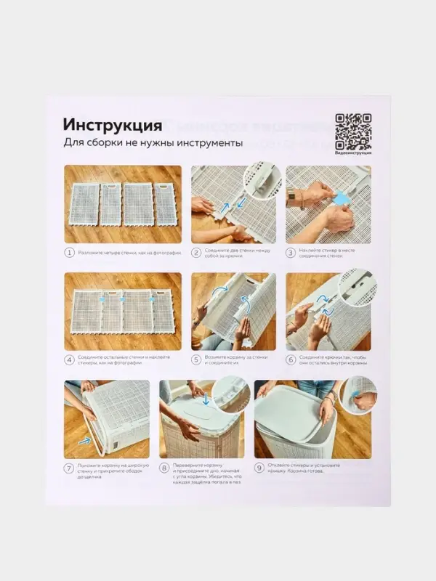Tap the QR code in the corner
(353, 130)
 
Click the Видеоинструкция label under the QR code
(353, 153)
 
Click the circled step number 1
(69, 253)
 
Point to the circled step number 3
(290, 253)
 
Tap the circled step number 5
(195, 359)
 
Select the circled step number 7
(69, 468)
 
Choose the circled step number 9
(259, 468)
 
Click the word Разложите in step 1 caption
(92, 253)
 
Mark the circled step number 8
(164, 468)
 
